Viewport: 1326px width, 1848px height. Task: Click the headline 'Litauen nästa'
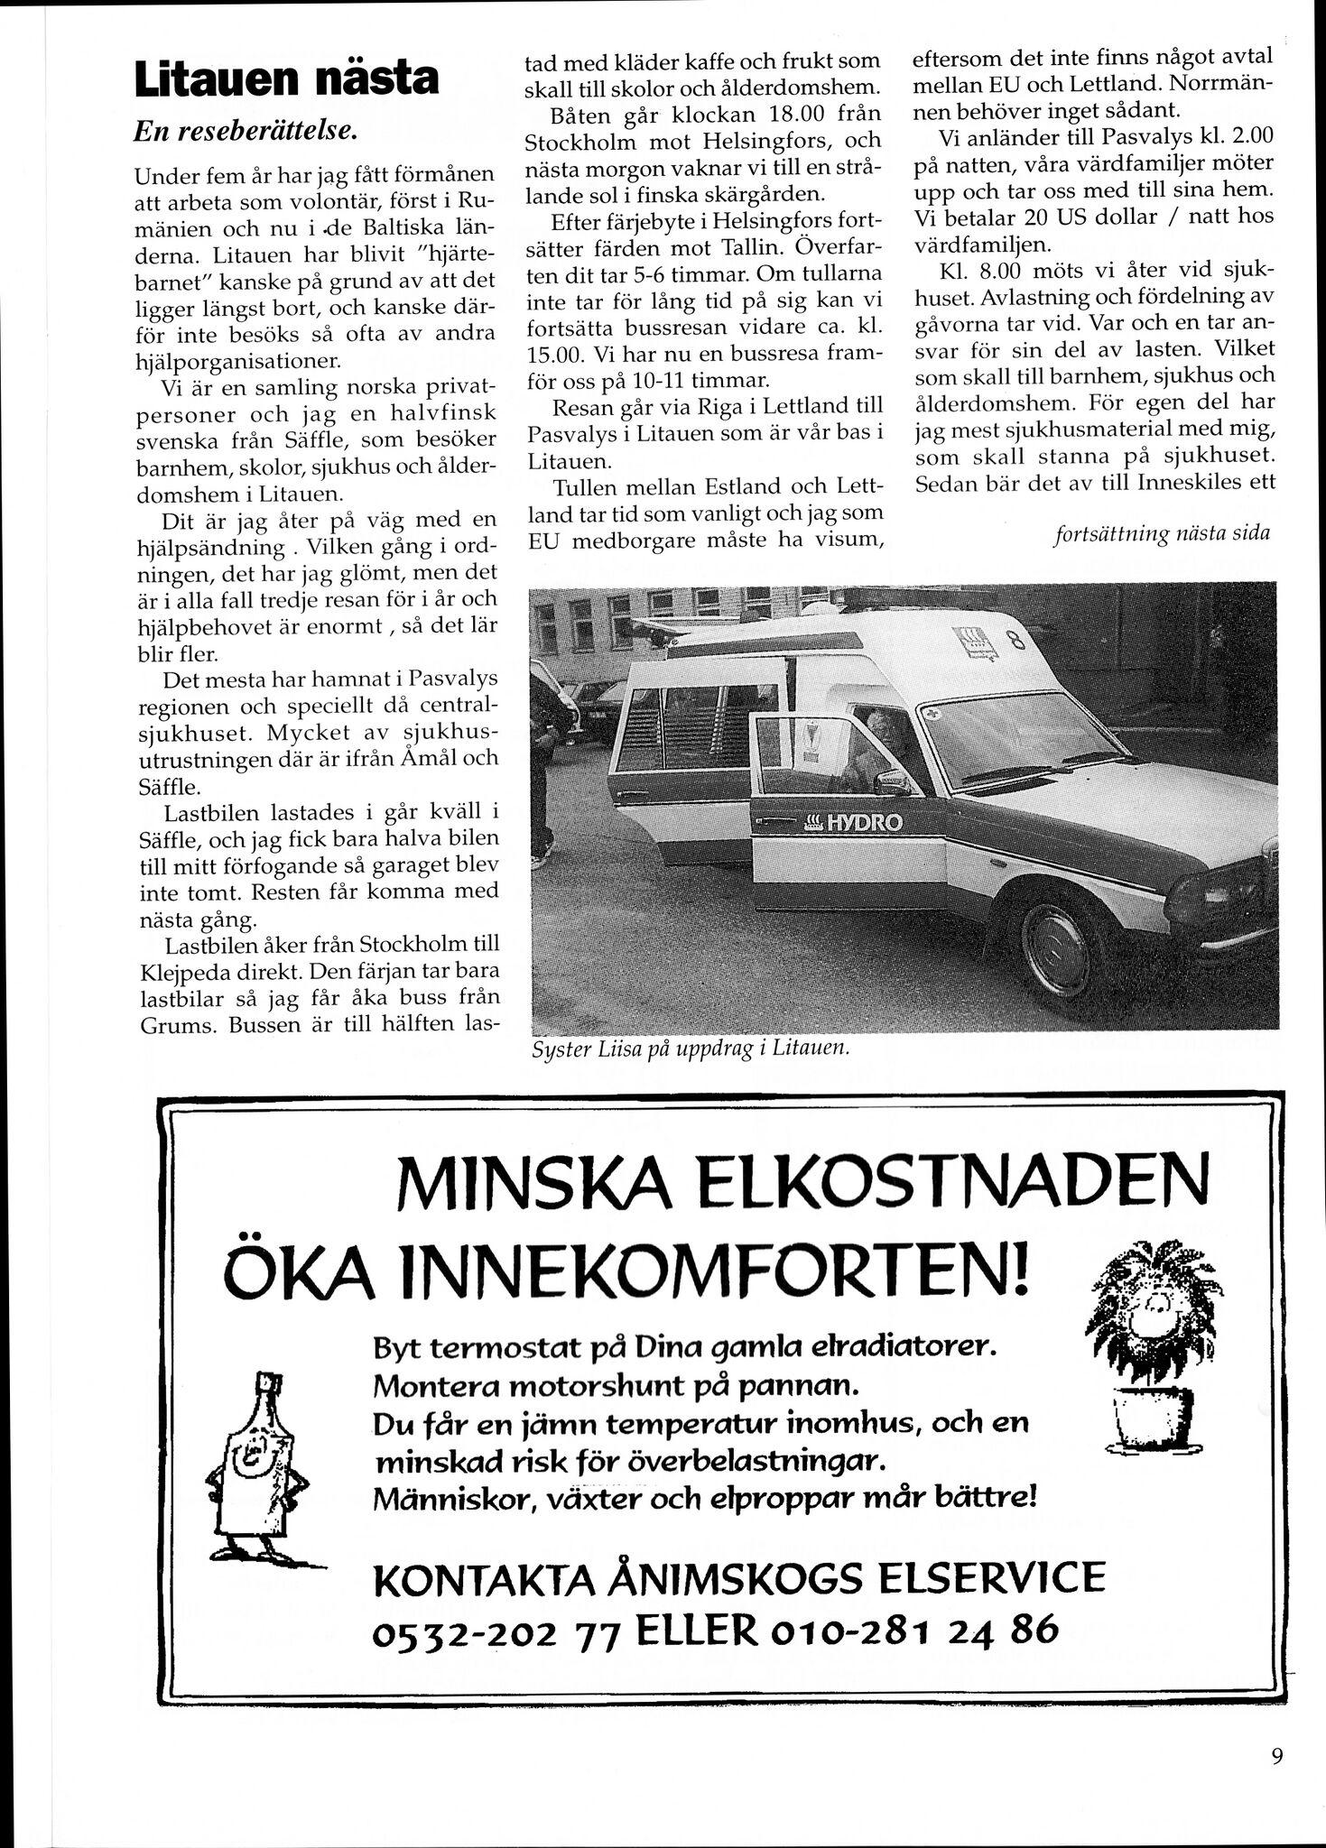[x=285, y=79]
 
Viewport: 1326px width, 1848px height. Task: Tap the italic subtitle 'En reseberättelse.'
[x=246, y=132]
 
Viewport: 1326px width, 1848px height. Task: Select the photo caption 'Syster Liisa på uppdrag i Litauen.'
[x=692, y=1049]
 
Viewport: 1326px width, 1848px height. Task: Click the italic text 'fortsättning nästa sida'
[x=1161, y=532]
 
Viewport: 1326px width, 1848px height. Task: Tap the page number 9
[x=1276, y=1756]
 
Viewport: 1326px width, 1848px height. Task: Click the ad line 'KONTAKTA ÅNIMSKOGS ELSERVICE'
[x=738, y=1578]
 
